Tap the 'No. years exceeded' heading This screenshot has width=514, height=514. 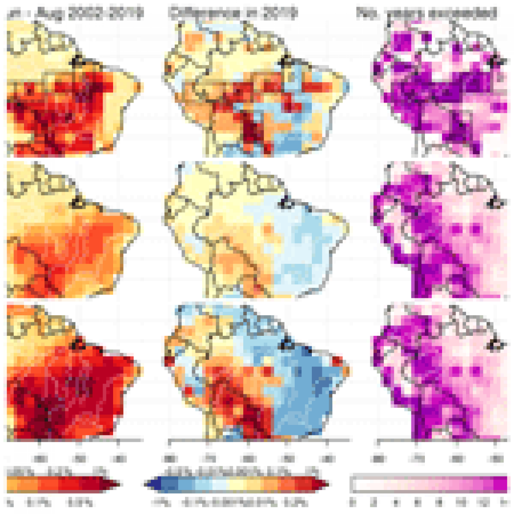[426, 13]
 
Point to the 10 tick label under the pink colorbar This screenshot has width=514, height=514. [462, 503]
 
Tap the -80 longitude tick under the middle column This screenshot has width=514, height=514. [168, 459]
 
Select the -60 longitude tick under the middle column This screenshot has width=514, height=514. [248, 459]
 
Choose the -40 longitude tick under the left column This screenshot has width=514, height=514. [119, 459]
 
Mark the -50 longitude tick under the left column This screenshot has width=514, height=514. [79, 459]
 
